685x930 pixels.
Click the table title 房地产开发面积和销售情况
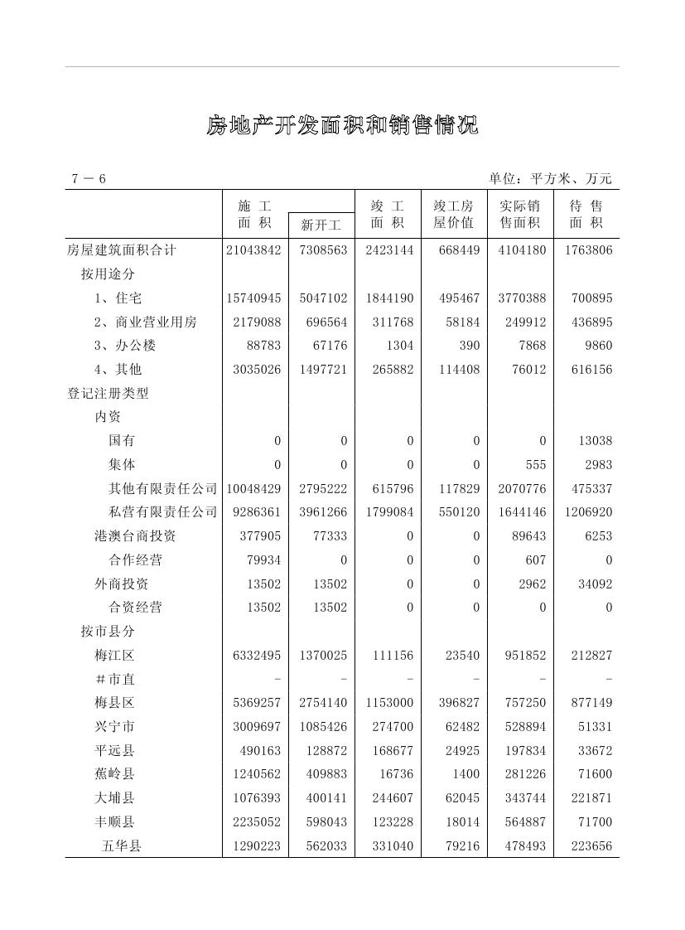[342, 126]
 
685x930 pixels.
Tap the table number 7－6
[89, 179]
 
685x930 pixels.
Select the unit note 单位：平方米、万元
[550, 179]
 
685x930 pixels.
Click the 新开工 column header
[321, 225]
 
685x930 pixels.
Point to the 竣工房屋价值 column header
[454, 215]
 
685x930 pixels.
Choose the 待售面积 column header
[586, 215]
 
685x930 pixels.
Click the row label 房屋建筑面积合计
[122, 250]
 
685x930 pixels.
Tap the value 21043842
[253, 250]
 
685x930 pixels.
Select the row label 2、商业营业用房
[146, 322]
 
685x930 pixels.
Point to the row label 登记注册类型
[108, 394]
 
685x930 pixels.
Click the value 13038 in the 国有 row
[595, 441]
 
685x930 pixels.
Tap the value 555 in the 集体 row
[536, 465]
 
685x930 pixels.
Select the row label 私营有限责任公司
[162, 512]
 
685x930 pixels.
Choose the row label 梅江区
[114, 656]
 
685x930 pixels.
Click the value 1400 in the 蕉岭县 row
[466, 774]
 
